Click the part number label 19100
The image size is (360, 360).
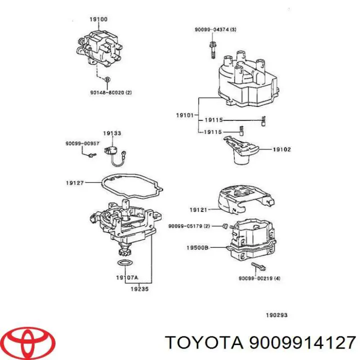pos(98,19)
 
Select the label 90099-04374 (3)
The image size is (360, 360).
pos(215,30)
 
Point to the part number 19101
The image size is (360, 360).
pos(184,115)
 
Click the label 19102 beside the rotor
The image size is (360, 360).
pos(281,149)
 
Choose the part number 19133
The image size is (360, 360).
pos(112,133)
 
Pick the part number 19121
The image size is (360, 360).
pos(198,209)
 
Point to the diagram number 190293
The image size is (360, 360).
pos(276,315)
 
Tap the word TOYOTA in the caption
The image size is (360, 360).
pos(202,342)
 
